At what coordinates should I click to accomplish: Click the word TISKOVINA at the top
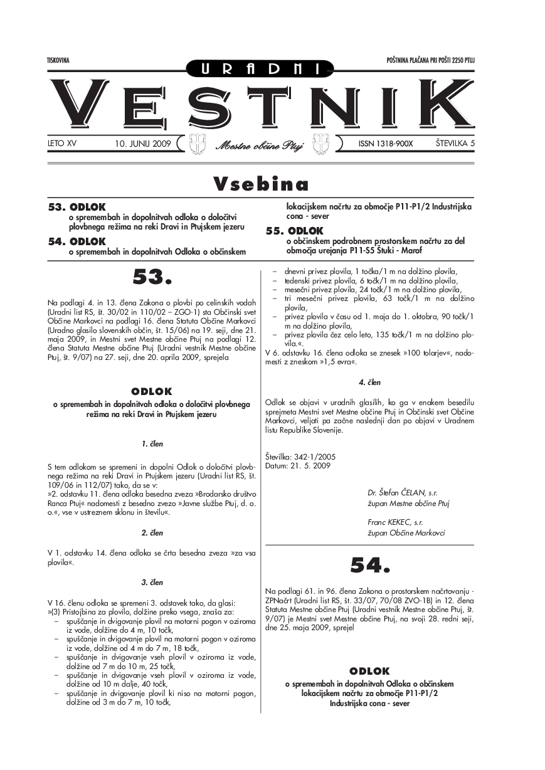tap(57, 60)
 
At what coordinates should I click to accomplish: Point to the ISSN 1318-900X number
tap(385, 144)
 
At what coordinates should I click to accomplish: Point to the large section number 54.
tap(370, 566)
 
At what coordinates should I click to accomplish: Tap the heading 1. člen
tap(152, 444)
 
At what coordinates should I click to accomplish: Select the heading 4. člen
tap(370, 382)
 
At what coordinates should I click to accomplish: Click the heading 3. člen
tap(152, 583)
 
